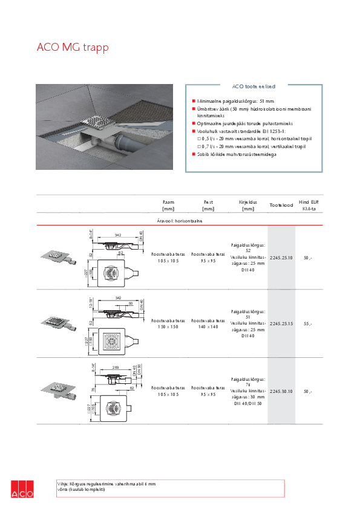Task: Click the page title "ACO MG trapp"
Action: pyautogui.click(x=73, y=47)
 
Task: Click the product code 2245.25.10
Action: pyautogui.click(x=281, y=258)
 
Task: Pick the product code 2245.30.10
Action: pyautogui.click(x=281, y=392)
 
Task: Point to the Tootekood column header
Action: pyautogui.click(x=281, y=206)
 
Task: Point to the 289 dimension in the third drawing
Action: pyautogui.click(x=116, y=368)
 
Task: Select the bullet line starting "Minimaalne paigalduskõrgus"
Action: pyautogui.click(x=236, y=101)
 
